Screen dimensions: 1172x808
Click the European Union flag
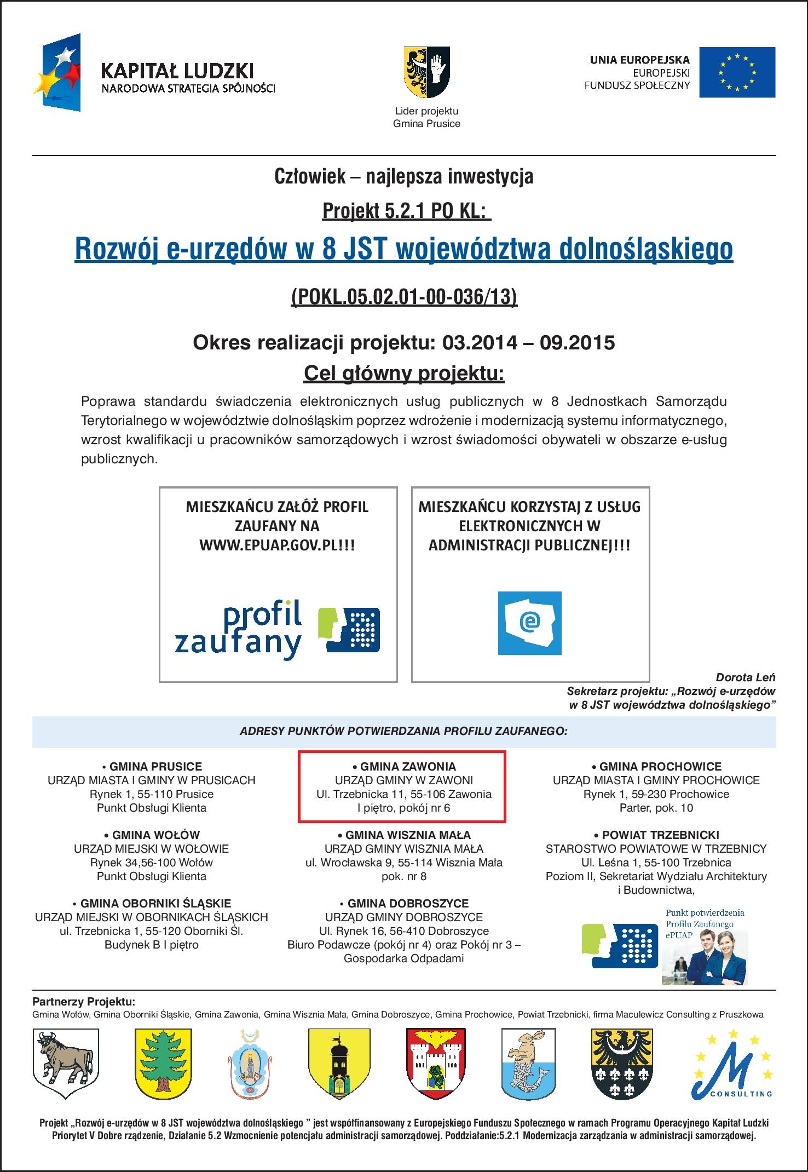pos(737,72)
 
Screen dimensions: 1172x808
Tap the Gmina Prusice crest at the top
pos(426,71)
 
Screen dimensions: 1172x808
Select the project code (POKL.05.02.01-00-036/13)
pos(404,296)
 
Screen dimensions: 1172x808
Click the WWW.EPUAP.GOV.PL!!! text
pos(277,545)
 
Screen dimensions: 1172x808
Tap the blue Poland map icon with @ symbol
pos(529,623)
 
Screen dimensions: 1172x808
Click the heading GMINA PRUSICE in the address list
pos(152,767)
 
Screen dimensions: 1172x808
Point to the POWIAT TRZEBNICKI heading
pos(656,835)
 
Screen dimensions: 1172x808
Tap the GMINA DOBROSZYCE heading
pos(404,904)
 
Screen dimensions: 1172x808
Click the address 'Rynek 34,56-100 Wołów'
pos(152,863)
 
